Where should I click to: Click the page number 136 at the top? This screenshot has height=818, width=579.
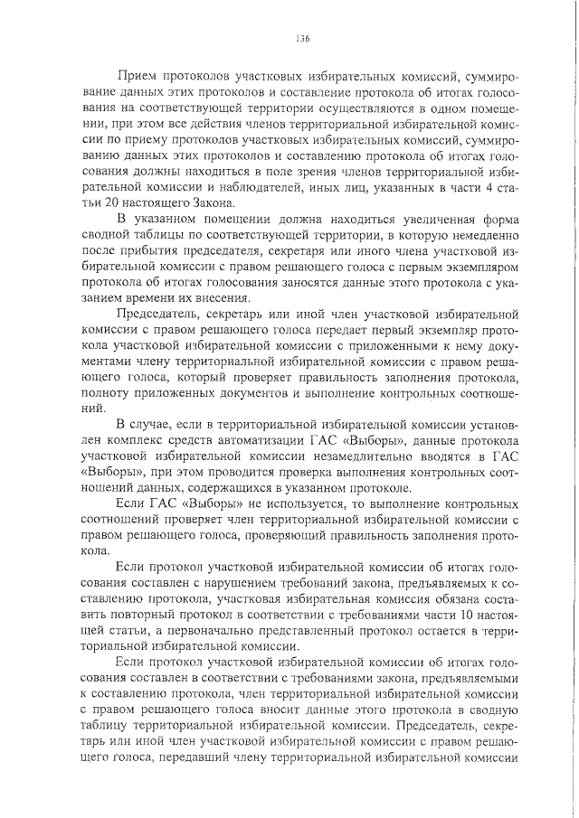pos(302,38)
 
